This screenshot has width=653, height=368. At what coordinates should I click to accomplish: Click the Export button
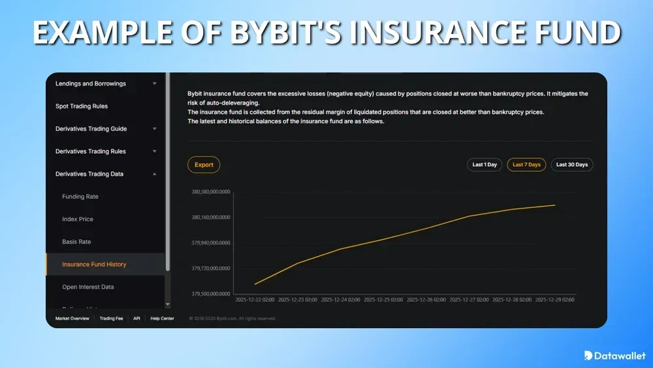[x=204, y=165]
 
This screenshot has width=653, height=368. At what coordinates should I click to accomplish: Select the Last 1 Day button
[x=485, y=165]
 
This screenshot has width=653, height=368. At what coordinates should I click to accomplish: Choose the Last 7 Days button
[x=526, y=165]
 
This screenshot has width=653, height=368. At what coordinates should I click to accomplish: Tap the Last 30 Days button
[x=571, y=165]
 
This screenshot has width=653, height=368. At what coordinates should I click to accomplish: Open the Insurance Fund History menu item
[x=94, y=264]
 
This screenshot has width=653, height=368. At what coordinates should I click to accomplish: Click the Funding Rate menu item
[x=80, y=196]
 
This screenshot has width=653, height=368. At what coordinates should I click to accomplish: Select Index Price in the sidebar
[x=78, y=219]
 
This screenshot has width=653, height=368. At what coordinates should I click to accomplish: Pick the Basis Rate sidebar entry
[x=76, y=242]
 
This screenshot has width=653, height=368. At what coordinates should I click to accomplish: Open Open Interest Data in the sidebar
[x=89, y=287]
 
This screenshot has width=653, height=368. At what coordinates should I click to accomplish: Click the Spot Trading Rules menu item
[x=82, y=106]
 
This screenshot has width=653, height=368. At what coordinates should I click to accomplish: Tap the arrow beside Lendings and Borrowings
[x=155, y=84]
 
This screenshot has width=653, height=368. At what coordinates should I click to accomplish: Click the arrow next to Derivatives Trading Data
[x=155, y=174]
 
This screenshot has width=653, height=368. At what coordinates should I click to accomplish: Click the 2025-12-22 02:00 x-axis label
[x=255, y=300]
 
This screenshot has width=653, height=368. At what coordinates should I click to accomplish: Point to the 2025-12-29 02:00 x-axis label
[x=554, y=300]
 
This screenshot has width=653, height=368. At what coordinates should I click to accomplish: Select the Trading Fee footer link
[x=110, y=318]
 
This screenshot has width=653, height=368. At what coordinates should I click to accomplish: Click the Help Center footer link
[x=162, y=318]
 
